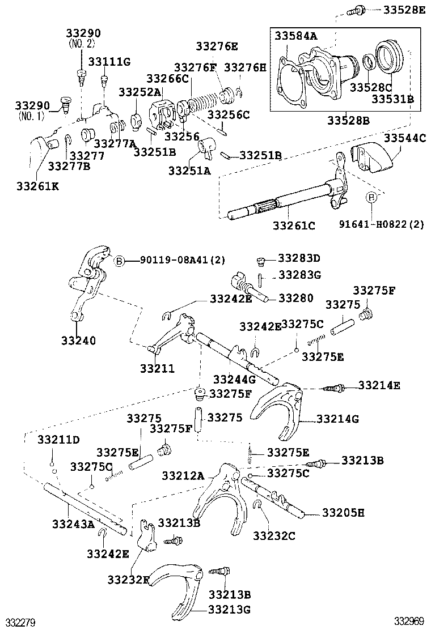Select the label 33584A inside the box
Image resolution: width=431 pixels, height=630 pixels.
coord(296,36)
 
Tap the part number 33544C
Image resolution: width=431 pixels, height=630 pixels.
coord(405,138)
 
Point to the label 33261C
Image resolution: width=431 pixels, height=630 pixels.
coord(294,225)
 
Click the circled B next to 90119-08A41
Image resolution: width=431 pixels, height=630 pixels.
coord(120,261)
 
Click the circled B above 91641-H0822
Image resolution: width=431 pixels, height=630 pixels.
coord(371,197)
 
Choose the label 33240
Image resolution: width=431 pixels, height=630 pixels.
coord(78,340)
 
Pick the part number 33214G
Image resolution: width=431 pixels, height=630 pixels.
coord(337,419)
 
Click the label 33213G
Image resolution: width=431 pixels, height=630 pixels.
coord(229,610)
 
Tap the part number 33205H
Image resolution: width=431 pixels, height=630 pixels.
coord(343,513)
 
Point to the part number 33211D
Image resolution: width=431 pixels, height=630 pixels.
coord(59,439)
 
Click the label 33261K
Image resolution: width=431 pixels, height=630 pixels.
coord(37,185)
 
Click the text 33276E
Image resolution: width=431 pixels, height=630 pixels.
coord(217,46)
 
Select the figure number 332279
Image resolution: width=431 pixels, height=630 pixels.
coord(18,622)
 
